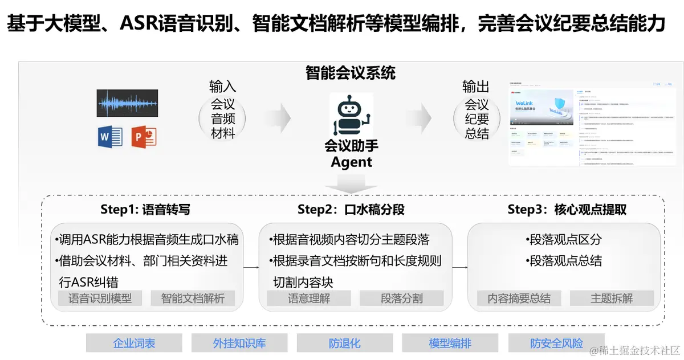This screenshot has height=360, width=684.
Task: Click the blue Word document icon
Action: click(110, 137)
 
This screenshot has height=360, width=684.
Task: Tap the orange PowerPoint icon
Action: click(144, 137)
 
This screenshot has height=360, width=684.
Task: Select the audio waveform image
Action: click(127, 104)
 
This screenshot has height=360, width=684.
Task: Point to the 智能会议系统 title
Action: click(351, 73)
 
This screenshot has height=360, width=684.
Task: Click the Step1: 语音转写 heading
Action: click(145, 210)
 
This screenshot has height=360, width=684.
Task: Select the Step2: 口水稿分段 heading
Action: click(351, 210)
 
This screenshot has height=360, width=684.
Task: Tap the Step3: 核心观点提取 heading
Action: click(567, 210)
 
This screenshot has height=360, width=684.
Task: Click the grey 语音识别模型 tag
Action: click(100, 298)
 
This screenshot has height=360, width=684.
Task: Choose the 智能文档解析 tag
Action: click(193, 298)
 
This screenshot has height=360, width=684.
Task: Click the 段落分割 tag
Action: click(402, 298)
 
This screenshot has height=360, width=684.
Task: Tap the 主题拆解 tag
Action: click(612, 298)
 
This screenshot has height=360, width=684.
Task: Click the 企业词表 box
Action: click(134, 343)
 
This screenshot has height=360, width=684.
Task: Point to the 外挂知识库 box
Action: click(239, 343)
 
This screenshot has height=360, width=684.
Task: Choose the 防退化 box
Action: click(345, 343)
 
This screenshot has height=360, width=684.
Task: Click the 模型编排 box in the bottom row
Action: click(450, 343)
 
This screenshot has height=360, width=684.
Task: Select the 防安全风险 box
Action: click(556, 343)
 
